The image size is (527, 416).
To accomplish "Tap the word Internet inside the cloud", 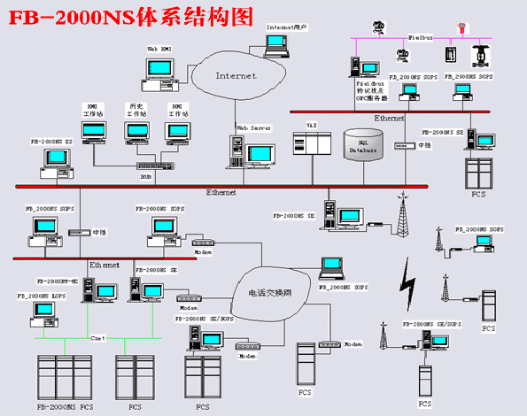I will [236, 76].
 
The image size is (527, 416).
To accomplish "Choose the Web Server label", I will [252, 127].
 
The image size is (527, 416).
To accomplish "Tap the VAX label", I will [311, 127].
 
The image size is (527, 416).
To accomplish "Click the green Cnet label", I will [98, 336].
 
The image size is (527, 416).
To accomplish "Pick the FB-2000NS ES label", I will [51, 141].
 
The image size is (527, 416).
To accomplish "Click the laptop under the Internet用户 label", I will [280, 42].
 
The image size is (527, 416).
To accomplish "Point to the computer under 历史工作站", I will [136, 133].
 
